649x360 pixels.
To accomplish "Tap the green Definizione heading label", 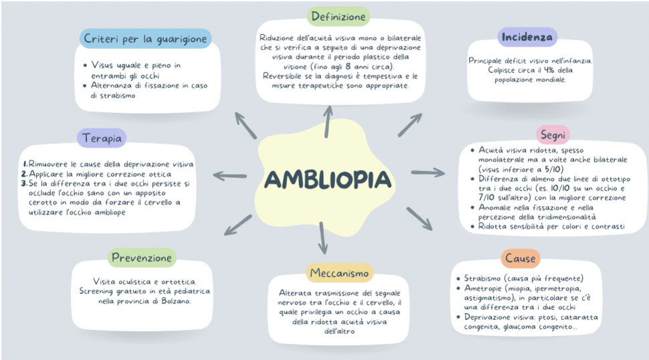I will [x=338, y=17].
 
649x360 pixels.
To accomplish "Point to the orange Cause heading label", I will [x=520, y=258].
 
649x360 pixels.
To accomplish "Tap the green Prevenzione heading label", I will [x=143, y=258].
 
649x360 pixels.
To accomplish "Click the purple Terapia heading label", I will [x=102, y=139].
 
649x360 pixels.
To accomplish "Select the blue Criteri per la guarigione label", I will [x=145, y=38].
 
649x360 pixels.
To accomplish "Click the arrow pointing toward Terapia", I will [x=229, y=176].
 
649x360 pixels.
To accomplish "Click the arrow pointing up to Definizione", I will [x=329, y=120].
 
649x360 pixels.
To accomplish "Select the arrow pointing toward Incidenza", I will [x=409, y=124].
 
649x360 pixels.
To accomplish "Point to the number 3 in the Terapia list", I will [x=25, y=183].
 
